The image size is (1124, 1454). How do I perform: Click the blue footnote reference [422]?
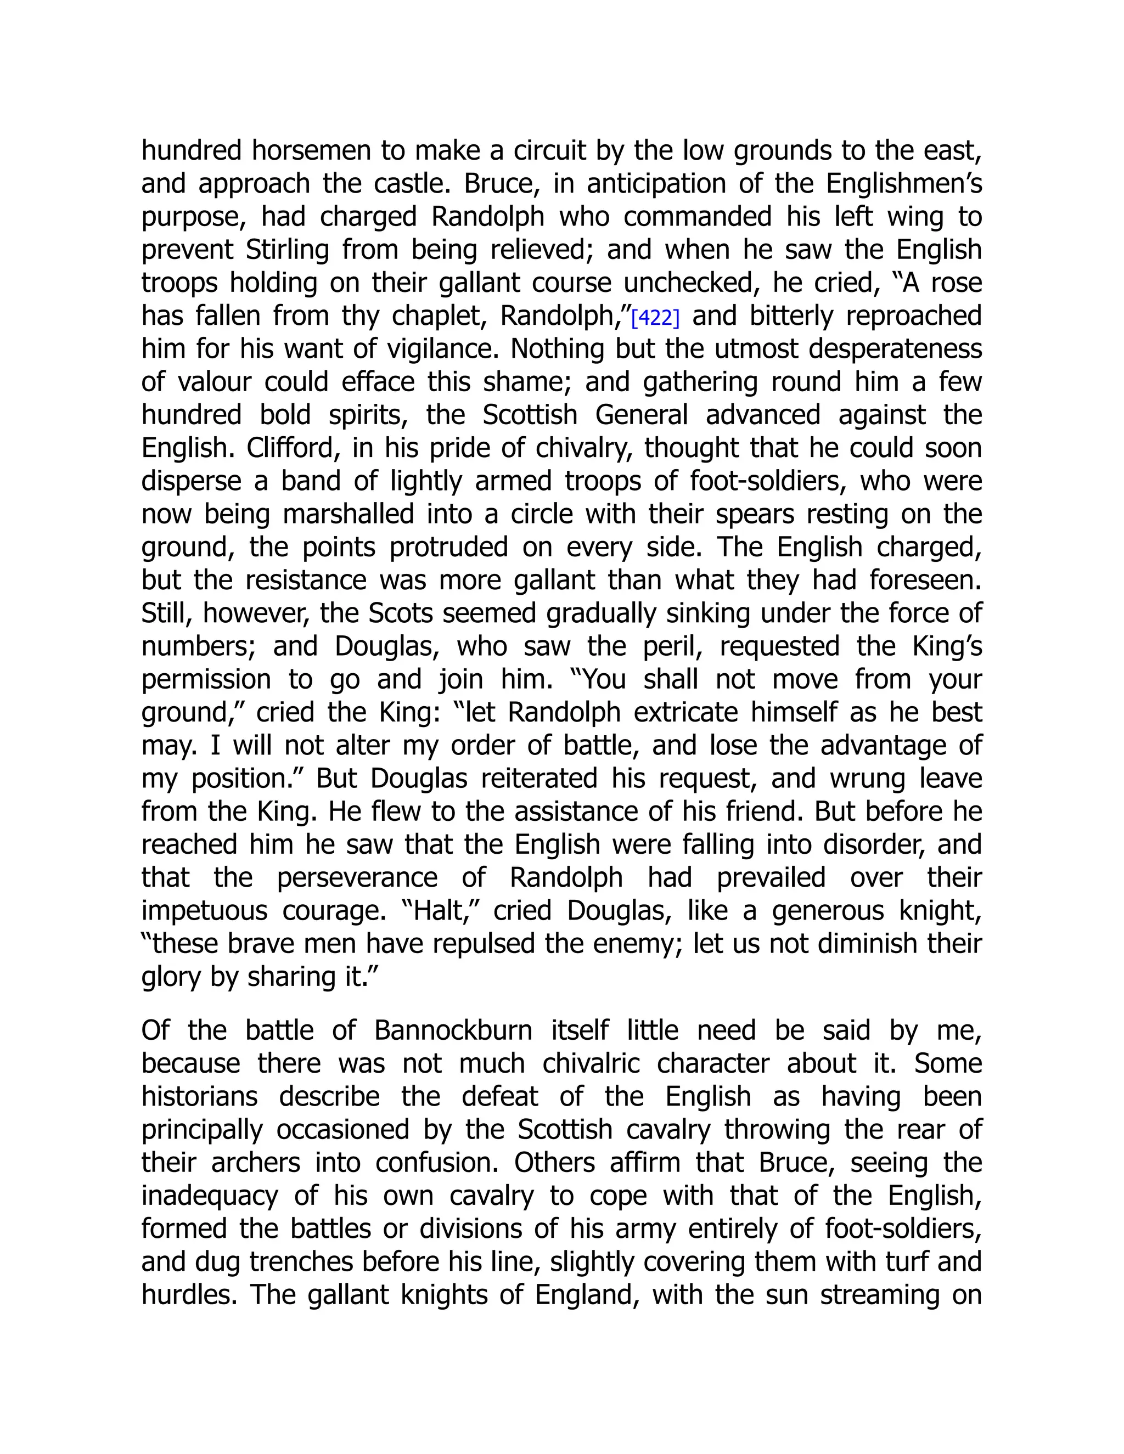pos(655,318)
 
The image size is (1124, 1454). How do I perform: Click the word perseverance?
pos(357,877)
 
